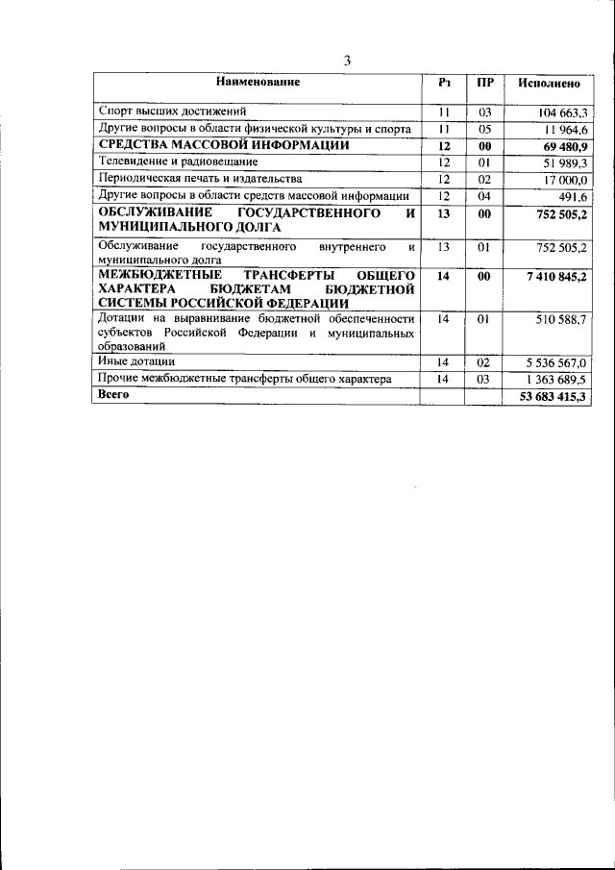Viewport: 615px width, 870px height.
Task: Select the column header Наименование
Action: [258, 83]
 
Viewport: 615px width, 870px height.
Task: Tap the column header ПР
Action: [484, 83]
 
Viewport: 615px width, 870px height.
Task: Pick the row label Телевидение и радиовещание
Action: [177, 162]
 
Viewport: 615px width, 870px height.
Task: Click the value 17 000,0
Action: [560, 179]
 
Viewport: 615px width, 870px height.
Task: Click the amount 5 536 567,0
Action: [551, 362]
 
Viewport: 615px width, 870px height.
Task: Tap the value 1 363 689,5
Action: [551, 380]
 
